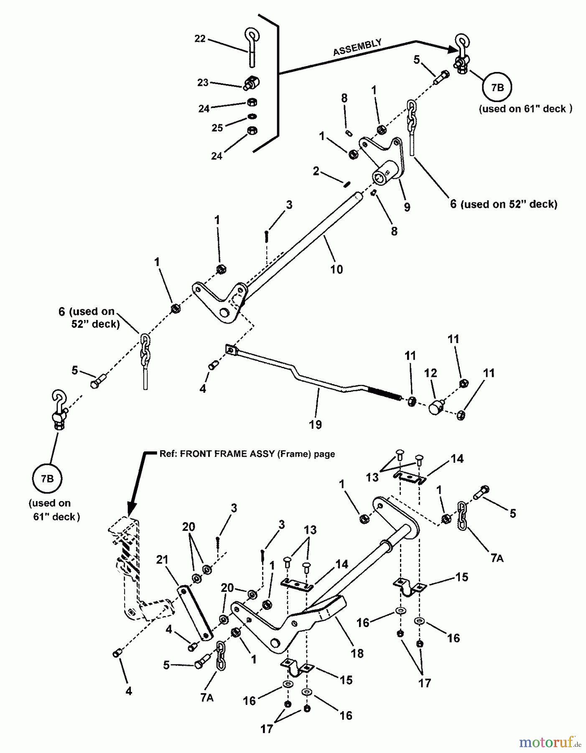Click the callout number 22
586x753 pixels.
(x=200, y=38)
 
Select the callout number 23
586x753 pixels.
(x=203, y=82)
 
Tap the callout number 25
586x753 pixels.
(x=217, y=128)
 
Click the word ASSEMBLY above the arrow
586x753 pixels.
(x=357, y=47)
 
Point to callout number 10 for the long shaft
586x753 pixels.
(x=336, y=269)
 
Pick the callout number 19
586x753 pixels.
(x=315, y=425)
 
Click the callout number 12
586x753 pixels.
(x=431, y=373)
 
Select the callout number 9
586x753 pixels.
(x=407, y=207)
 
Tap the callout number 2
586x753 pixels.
(x=316, y=171)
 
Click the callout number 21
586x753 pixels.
(x=162, y=560)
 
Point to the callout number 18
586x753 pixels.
(x=357, y=653)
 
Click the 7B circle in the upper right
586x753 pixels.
(x=497, y=87)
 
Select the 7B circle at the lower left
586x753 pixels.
(x=47, y=479)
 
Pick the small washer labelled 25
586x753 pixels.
(x=252, y=116)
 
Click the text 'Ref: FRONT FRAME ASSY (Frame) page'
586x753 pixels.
(x=247, y=454)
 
